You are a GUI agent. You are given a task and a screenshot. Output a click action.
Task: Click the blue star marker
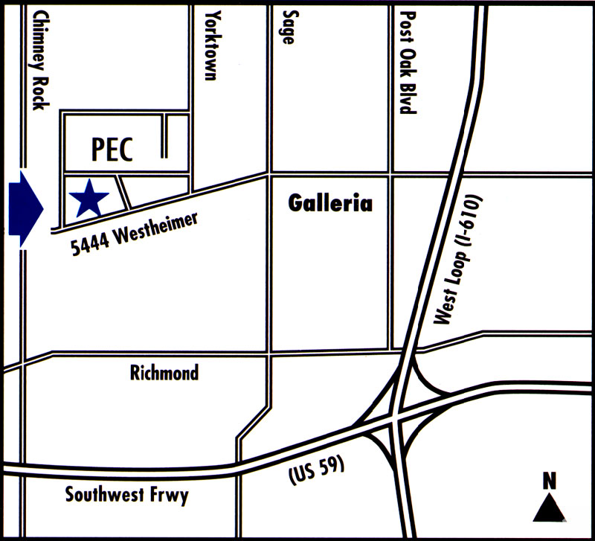coord(89,198)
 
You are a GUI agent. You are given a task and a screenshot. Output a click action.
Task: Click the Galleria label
coord(329,202)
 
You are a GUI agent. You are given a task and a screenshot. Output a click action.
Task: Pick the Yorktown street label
coord(214,46)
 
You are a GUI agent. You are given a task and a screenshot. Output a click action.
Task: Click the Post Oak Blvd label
coord(405,61)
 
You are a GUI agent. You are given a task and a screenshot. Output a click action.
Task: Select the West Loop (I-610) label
coord(459,261)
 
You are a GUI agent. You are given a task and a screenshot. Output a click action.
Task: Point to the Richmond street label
coord(164,372)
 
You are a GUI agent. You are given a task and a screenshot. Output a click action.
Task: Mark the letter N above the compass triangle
coord(550,480)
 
